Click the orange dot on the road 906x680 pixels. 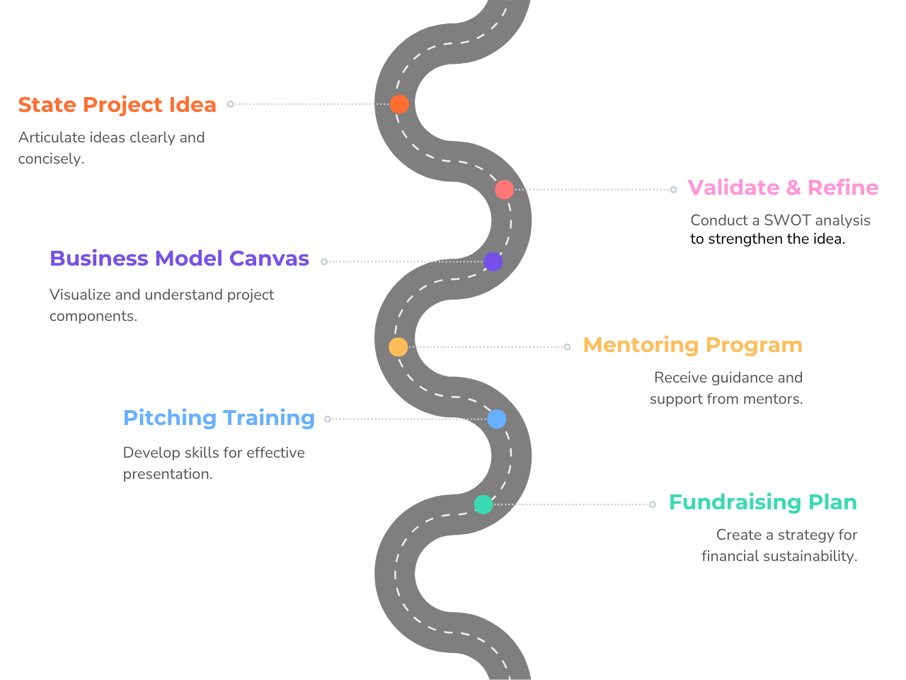point(399,103)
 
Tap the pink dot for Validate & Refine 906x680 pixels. point(504,190)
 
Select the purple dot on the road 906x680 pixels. point(493,261)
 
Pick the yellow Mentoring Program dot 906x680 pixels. point(398,347)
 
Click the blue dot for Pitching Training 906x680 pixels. point(496,419)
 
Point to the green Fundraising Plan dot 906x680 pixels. point(483,504)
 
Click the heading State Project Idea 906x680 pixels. point(117,105)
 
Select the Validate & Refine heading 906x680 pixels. point(783,188)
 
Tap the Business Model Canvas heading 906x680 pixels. point(179,259)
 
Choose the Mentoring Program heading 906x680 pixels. point(693,346)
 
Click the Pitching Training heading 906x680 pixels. point(219,418)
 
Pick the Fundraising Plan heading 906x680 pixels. point(763,502)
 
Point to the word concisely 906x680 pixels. point(51,159)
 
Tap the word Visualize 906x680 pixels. point(80,295)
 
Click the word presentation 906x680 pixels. point(168,475)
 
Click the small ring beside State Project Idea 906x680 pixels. point(230,104)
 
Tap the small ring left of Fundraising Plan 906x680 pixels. point(652,504)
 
